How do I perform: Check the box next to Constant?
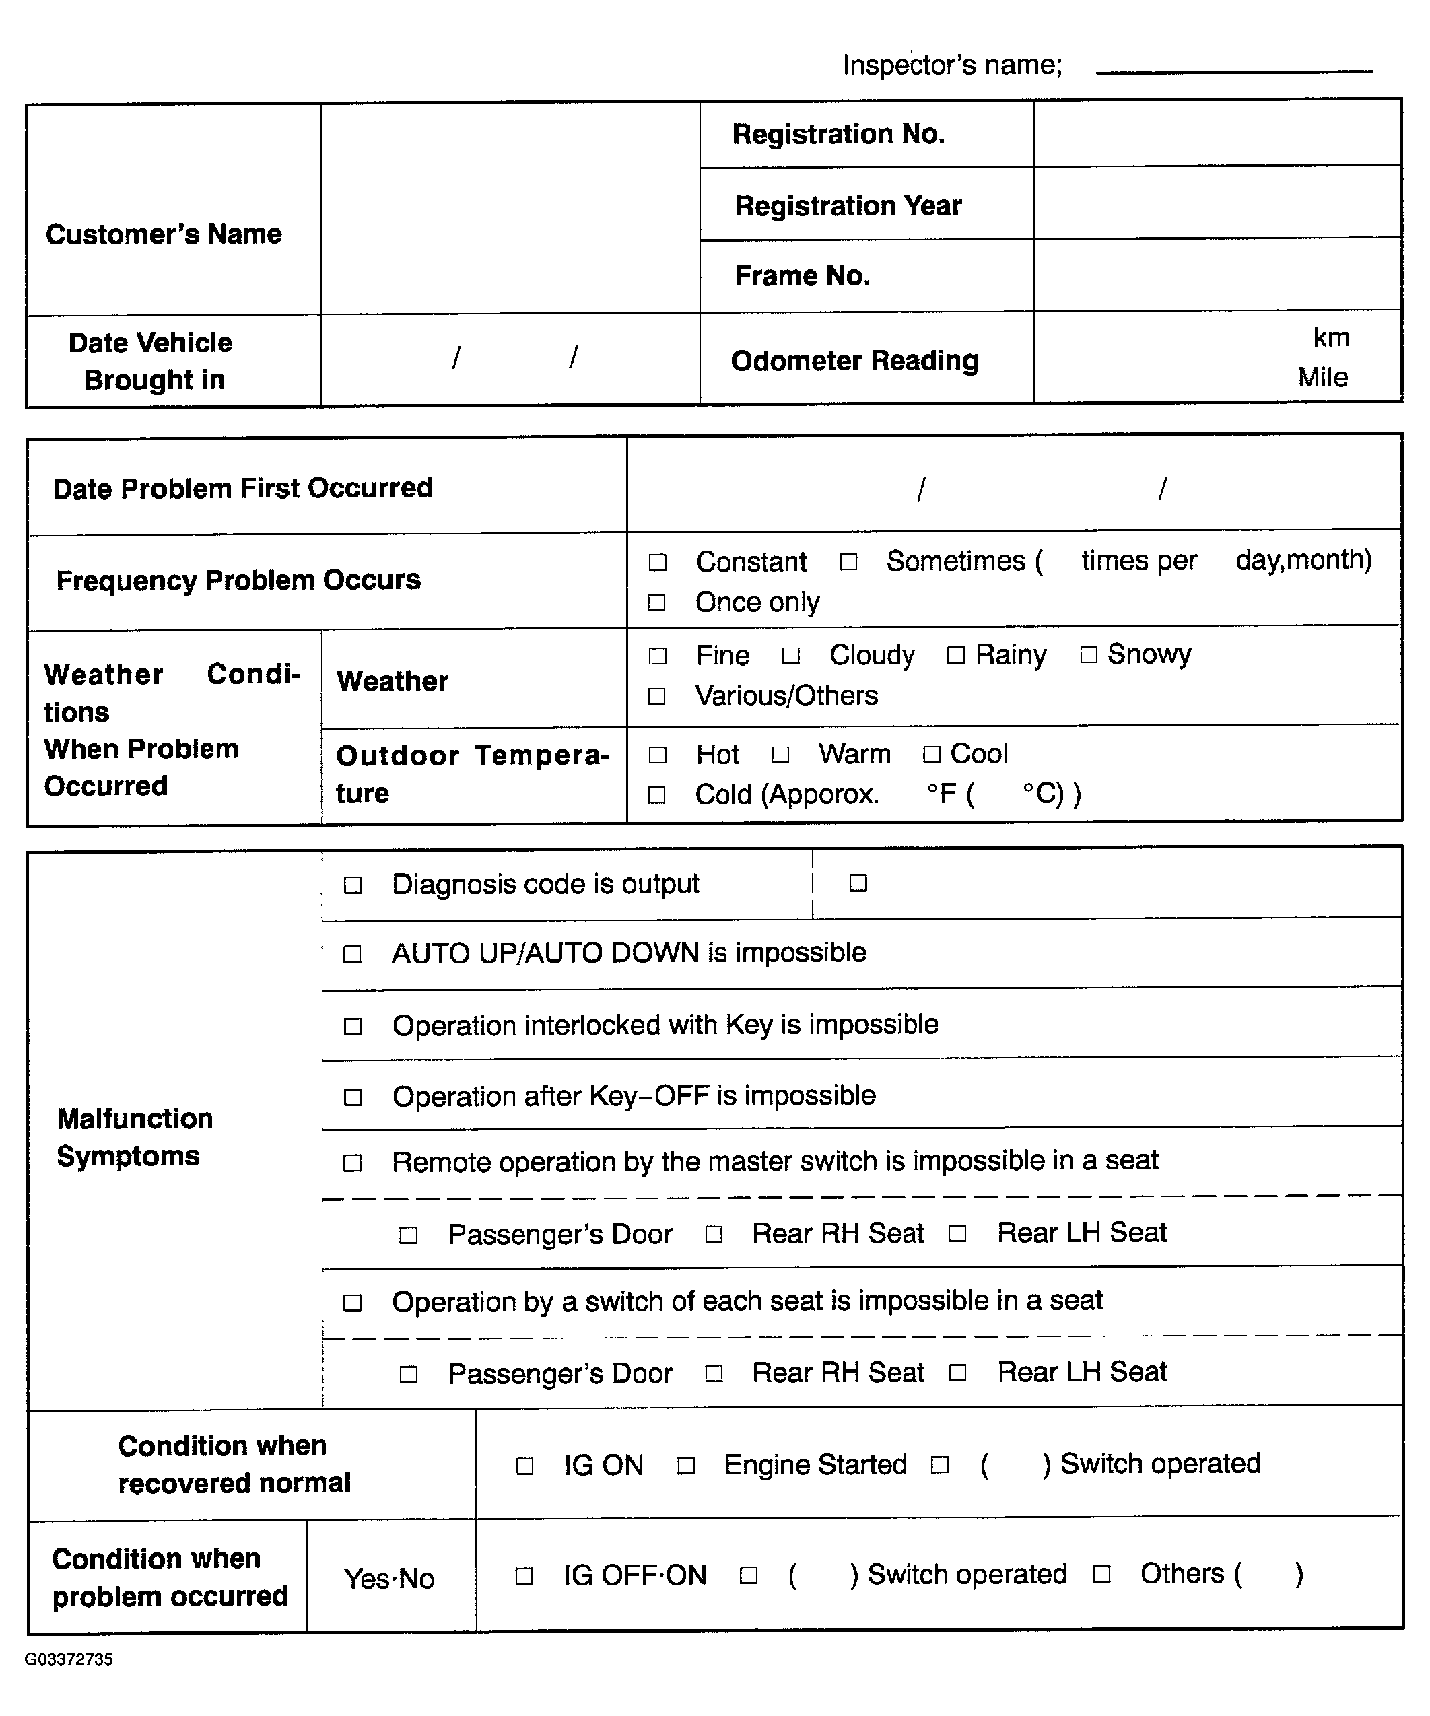point(657,562)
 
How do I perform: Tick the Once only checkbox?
point(656,603)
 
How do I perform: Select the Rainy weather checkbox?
point(955,655)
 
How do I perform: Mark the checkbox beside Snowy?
point(1089,654)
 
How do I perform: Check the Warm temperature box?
point(780,754)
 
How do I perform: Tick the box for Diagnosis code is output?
point(353,885)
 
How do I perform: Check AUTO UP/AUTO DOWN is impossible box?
point(352,955)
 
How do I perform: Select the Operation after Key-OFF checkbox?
point(353,1097)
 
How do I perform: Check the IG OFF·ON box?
point(524,1575)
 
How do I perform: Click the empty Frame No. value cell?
point(1217,275)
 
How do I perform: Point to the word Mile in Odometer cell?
point(1322,378)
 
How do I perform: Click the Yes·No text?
point(389,1578)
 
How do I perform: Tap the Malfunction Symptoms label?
point(135,1136)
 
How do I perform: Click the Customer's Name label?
point(164,234)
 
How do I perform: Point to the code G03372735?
point(69,1659)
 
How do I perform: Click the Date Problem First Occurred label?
point(242,489)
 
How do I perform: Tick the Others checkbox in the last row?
point(1101,1575)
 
